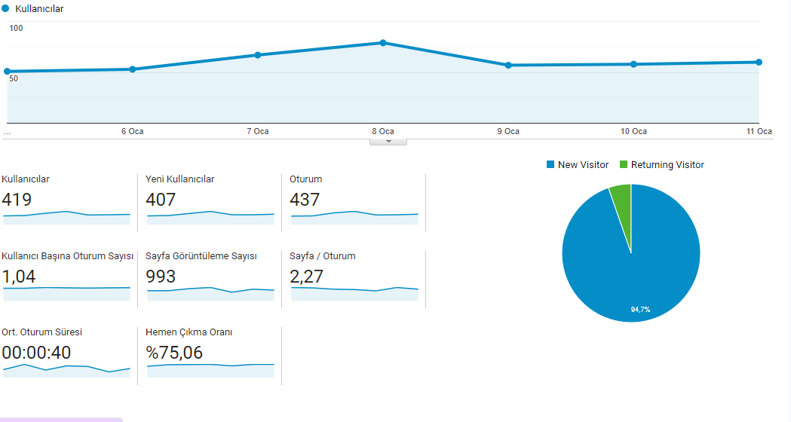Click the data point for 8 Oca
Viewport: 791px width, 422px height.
[x=383, y=43]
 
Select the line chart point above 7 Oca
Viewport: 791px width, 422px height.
[x=258, y=55]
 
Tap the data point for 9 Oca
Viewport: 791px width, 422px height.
[x=508, y=65]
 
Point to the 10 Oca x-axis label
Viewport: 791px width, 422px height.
[x=633, y=131]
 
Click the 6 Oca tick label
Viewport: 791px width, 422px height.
[x=133, y=131]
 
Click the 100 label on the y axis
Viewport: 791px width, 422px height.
[x=16, y=28]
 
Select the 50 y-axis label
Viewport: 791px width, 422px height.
[x=14, y=78]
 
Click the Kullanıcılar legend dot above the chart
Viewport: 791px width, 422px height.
[x=5, y=8]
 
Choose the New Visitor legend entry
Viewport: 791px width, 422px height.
[x=578, y=165]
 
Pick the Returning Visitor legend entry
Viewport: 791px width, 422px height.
[x=662, y=165]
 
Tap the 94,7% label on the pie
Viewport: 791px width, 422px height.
[x=641, y=310]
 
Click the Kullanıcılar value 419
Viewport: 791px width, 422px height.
[x=17, y=200]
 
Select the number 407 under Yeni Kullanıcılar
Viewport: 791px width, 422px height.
[x=161, y=200]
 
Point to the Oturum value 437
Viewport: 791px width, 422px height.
[x=305, y=200]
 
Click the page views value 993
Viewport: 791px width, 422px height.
[x=161, y=277]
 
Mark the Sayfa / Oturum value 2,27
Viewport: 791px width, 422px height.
[x=307, y=277]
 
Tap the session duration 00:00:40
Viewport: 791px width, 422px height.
[x=36, y=353]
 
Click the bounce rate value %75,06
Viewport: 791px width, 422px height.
[x=174, y=353]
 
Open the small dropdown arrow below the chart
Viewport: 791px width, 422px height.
[x=388, y=142]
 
